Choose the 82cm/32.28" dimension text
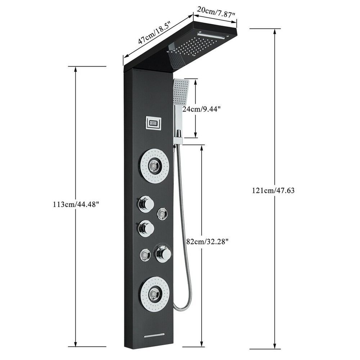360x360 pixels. (x=207, y=242)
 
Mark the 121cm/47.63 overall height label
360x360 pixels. (x=274, y=190)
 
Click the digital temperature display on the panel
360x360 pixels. (x=154, y=124)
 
